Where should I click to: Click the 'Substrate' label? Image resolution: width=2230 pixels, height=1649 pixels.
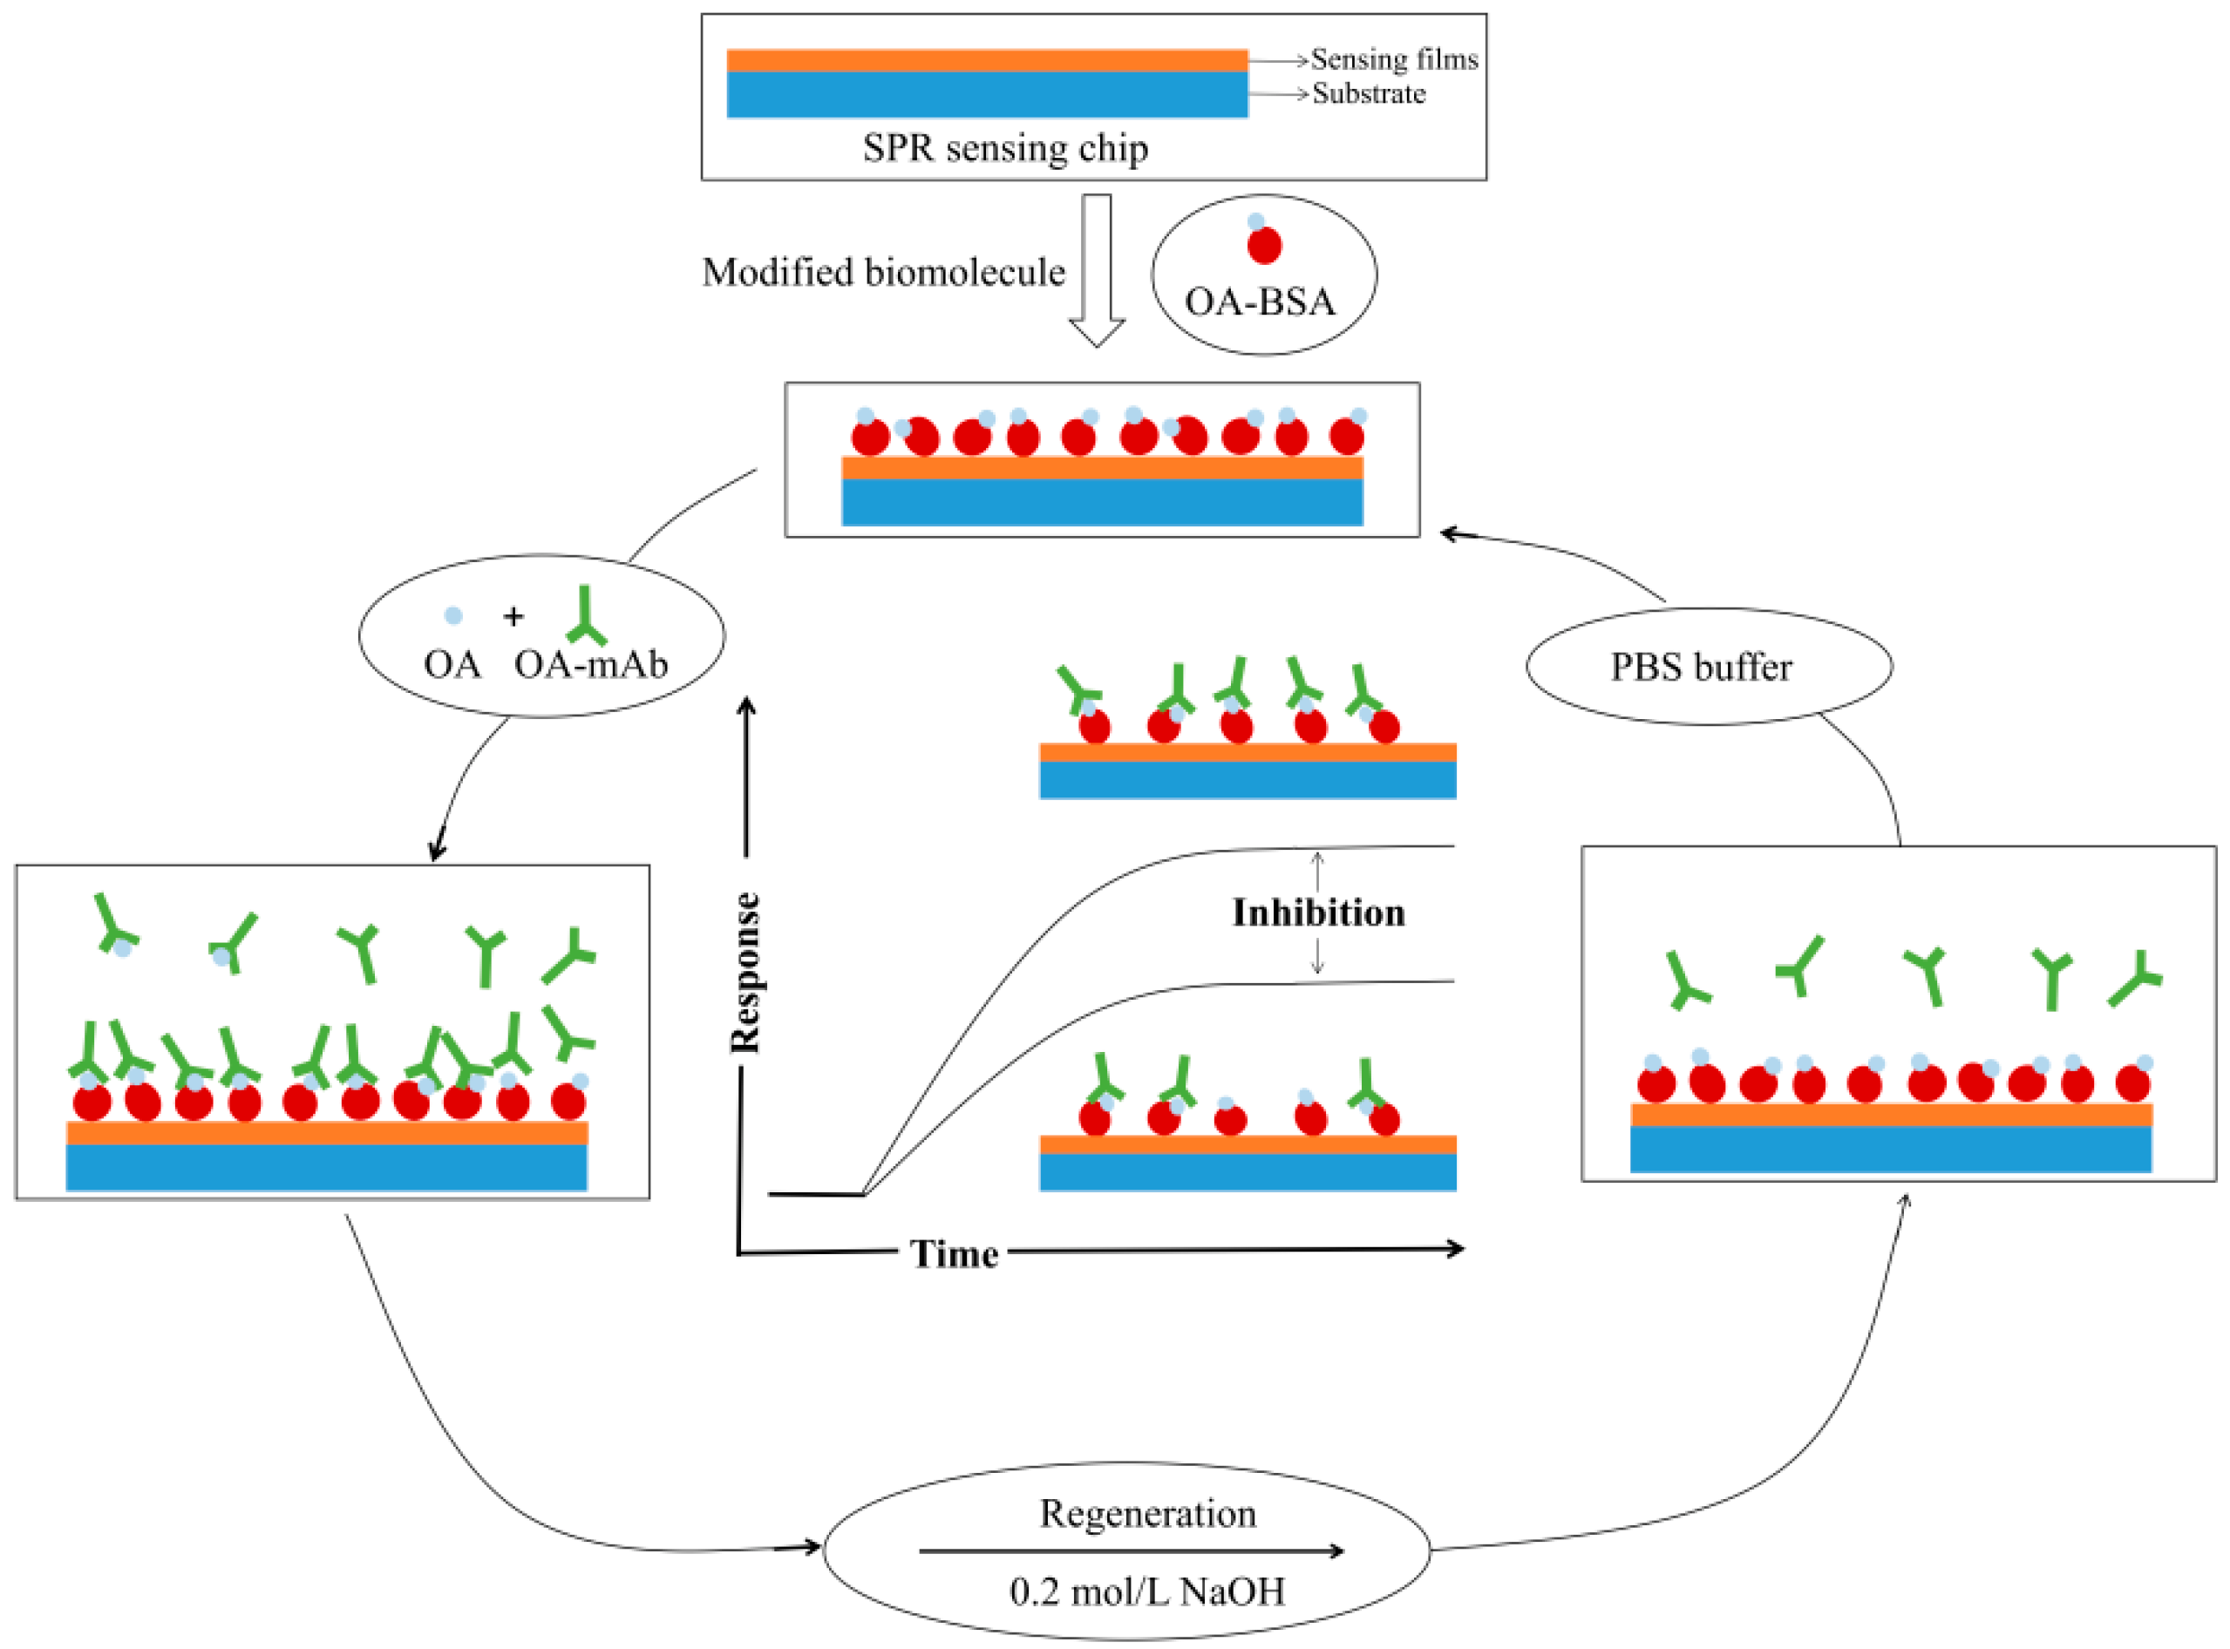click(x=1369, y=94)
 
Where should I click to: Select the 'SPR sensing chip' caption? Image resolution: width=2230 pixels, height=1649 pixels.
click(x=1005, y=148)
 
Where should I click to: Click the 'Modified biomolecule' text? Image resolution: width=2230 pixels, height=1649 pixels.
click(x=883, y=272)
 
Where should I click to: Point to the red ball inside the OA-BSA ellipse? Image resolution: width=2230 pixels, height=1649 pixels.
click(x=1264, y=246)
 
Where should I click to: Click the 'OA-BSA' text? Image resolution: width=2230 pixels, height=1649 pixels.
click(x=1260, y=302)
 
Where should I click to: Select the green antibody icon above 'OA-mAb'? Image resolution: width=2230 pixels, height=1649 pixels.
click(x=586, y=616)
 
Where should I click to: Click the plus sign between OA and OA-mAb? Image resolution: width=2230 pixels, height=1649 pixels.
click(x=513, y=617)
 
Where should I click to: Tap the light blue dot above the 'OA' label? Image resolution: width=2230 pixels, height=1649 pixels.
click(x=453, y=616)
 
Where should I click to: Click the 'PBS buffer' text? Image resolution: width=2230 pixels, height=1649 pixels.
click(x=1701, y=667)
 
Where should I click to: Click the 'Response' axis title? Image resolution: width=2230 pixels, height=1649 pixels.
click(x=745, y=973)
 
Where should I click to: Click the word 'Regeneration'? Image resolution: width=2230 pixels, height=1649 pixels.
click(x=1148, y=1513)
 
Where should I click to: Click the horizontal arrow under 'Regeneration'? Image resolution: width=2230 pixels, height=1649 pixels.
click(x=1131, y=1551)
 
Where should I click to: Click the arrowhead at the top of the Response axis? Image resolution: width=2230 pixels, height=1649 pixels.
click(x=746, y=707)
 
